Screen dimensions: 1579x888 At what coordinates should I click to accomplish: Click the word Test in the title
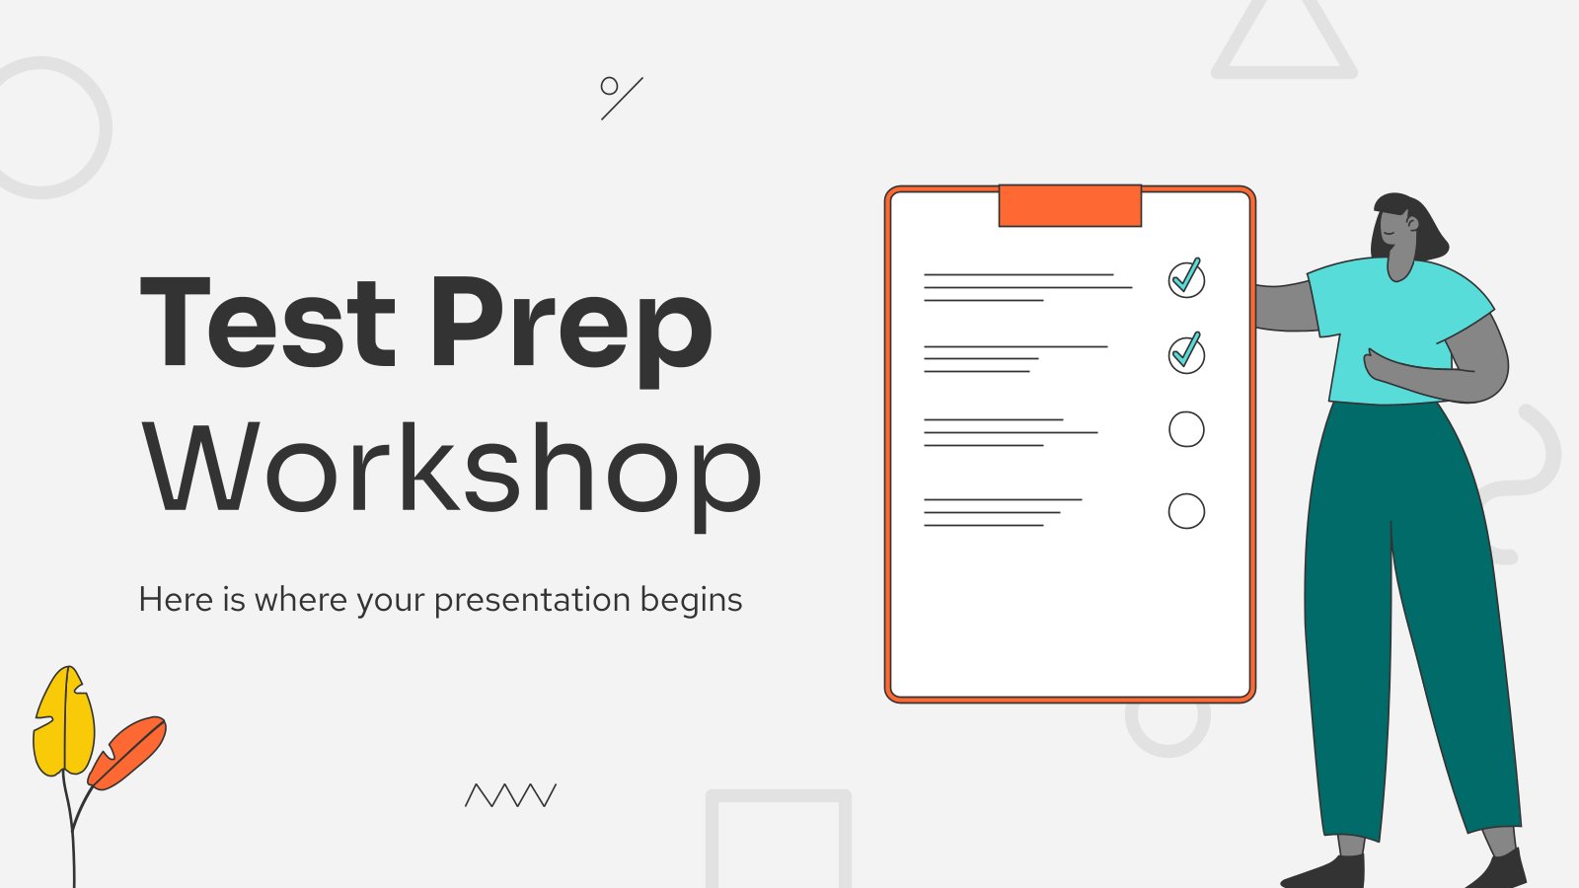(267, 322)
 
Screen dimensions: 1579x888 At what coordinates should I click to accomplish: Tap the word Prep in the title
(571, 332)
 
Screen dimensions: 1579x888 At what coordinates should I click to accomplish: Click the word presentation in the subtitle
(532, 601)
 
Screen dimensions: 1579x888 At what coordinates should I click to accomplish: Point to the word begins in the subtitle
(692, 601)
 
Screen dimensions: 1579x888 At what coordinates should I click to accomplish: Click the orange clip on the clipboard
(1070, 206)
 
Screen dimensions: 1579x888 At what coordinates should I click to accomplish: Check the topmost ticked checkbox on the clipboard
(1186, 278)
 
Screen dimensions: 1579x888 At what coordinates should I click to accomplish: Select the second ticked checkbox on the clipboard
(1186, 354)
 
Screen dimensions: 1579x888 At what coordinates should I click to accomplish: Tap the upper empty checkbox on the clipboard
(1186, 429)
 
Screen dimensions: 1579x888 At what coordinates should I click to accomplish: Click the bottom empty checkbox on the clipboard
(1186, 511)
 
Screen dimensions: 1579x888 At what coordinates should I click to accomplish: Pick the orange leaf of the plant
(127, 753)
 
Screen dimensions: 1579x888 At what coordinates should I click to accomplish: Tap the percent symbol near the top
(621, 98)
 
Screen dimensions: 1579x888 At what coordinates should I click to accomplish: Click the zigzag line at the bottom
(510, 795)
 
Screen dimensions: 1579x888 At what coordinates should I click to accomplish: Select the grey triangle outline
(1284, 73)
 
